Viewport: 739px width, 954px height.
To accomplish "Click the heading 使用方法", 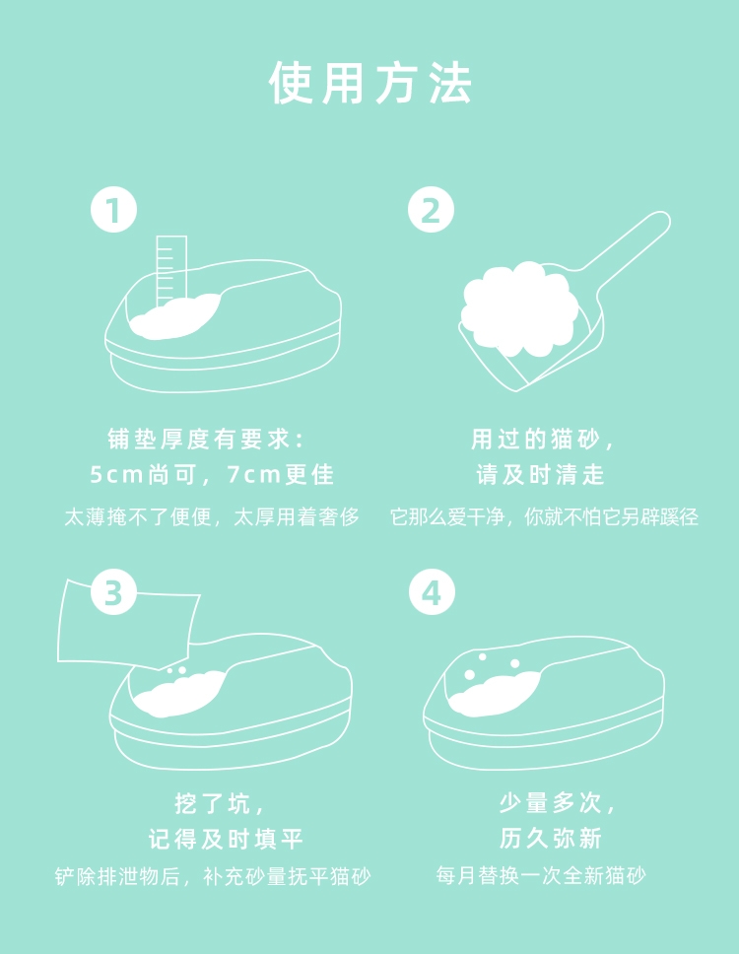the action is click(369, 82).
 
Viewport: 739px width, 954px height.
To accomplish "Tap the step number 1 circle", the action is click(113, 209).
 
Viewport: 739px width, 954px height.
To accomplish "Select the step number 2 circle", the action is click(431, 209).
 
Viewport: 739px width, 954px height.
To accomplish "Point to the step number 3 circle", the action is click(113, 591).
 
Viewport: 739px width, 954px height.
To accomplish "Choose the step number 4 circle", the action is click(432, 591).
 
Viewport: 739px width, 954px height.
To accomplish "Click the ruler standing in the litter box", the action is click(171, 271).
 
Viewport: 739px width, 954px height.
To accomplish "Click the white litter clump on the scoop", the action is click(519, 307).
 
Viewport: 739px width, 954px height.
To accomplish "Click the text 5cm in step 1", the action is click(115, 475).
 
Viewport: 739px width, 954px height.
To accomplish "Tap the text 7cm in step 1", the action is click(253, 475).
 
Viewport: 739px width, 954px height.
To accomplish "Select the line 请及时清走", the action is click(540, 475).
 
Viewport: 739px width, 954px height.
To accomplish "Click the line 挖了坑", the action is click(219, 803).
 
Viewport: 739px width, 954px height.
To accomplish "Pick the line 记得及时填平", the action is click(226, 839).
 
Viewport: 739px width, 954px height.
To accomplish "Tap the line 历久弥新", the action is click(551, 839).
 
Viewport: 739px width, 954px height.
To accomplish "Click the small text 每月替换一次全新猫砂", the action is click(541, 875).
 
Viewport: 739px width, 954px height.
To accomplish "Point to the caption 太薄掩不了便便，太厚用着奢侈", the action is click(212, 517).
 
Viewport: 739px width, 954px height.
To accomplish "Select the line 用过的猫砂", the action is click(543, 440).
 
